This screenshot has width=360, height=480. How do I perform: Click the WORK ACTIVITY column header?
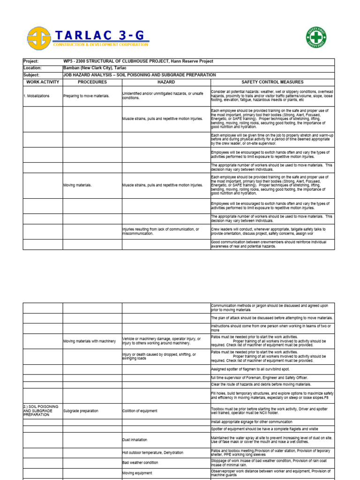click(x=43, y=82)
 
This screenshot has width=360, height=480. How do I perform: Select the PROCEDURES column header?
click(x=92, y=82)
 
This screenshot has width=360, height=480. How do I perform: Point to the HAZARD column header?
click(x=166, y=82)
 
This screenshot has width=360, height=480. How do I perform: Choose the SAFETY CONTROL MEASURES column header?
click(x=272, y=82)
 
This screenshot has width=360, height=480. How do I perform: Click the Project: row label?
click(x=31, y=61)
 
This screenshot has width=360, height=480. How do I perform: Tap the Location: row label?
click(x=32, y=68)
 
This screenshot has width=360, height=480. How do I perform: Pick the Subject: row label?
click(x=31, y=75)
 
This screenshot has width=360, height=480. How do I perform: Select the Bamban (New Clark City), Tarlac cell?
click(x=95, y=68)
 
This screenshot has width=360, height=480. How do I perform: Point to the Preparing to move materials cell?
click(x=86, y=96)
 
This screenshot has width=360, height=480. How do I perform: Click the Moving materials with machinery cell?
click(x=90, y=341)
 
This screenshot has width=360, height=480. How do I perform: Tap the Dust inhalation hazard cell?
click(x=135, y=440)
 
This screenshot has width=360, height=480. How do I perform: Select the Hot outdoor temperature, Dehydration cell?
click(x=153, y=452)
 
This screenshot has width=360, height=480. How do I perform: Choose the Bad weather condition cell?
click(x=141, y=463)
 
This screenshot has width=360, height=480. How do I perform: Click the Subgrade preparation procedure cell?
click(x=81, y=411)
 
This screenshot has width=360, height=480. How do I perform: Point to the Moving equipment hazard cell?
click(x=137, y=473)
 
